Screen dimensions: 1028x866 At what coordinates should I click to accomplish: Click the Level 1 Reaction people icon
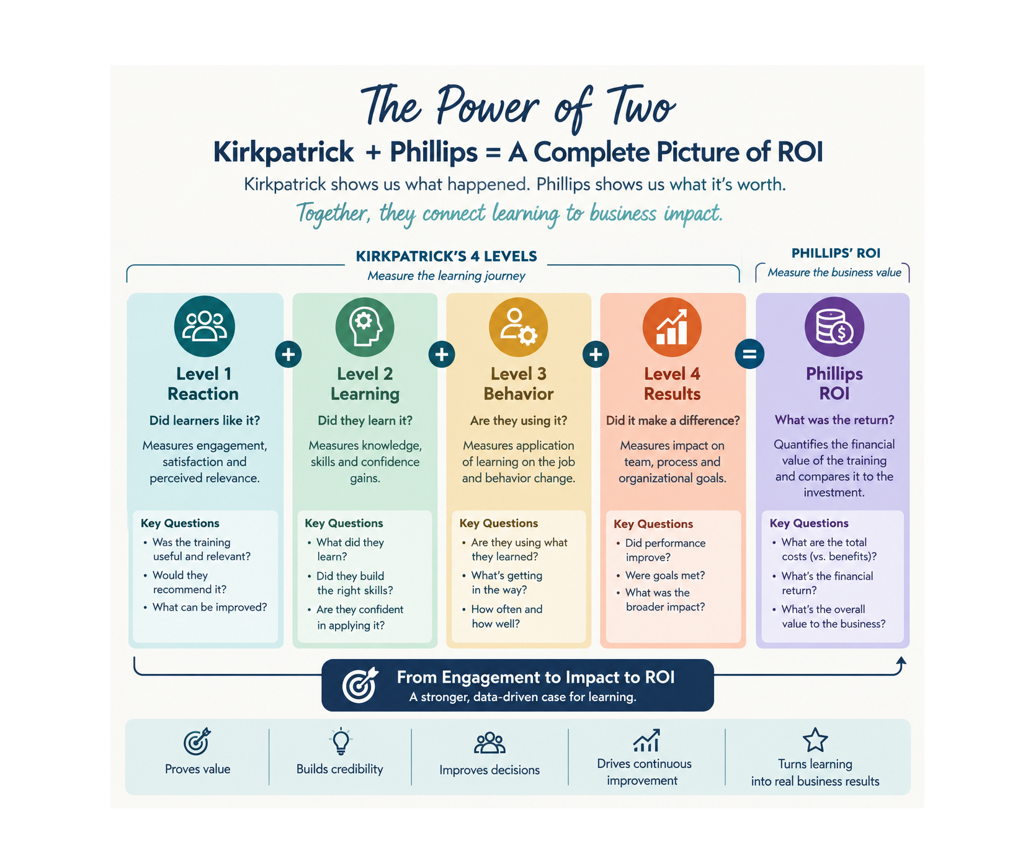click(x=204, y=327)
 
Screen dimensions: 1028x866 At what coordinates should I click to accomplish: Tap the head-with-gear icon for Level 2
click(x=365, y=327)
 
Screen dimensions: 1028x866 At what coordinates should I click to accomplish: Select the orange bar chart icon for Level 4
click(x=672, y=327)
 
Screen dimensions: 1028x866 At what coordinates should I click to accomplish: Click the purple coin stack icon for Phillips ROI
click(x=834, y=327)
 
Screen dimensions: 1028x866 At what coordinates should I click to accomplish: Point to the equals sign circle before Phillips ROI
click(x=749, y=355)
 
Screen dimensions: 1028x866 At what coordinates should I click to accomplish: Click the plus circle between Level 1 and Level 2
click(x=288, y=355)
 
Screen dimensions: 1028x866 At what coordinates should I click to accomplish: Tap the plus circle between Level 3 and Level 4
click(x=596, y=355)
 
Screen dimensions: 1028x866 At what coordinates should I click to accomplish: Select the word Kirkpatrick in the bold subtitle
click(x=284, y=152)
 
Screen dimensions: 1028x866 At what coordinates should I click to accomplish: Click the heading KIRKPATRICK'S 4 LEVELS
click(x=446, y=256)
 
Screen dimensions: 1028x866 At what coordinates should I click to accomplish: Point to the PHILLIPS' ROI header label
click(x=836, y=253)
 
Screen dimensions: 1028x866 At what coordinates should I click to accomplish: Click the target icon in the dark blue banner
click(x=360, y=685)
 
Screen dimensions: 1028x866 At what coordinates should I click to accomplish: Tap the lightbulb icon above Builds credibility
click(x=341, y=741)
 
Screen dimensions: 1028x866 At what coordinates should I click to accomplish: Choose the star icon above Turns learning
click(x=815, y=740)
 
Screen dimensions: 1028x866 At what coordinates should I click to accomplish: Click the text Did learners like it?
click(x=205, y=420)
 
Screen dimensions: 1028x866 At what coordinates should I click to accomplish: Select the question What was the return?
click(x=834, y=420)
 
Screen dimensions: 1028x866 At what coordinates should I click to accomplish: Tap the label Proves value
click(x=197, y=769)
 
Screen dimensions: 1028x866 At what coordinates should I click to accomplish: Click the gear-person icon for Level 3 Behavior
click(x=519, y=327)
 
